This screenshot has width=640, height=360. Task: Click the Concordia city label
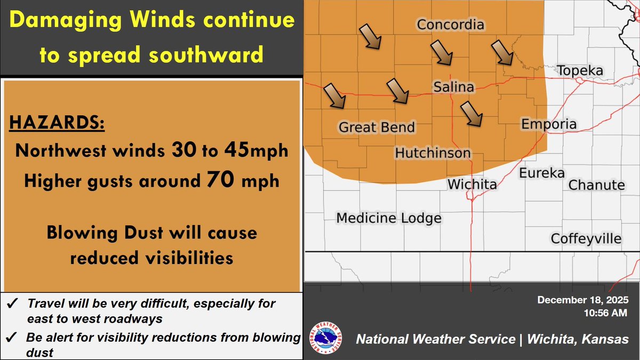click(x=450, y=25)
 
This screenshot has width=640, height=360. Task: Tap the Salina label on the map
click(x=453, y=87)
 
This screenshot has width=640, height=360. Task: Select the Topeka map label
click(x=580, y=71)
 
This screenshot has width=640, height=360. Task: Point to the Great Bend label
click(x=377, y=127)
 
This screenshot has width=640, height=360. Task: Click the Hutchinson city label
click(x=433, y=154)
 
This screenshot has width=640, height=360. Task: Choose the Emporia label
click(x=549, y=124)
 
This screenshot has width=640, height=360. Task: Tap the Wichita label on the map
click(x=472, y=185)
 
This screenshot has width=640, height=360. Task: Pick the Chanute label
click(x=596, y=185)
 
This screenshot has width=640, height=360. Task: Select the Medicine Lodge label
click(x=389, y=218)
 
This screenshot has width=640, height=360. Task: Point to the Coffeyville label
click(x=586, y=238)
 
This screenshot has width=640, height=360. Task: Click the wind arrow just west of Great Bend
click(x=335, y=96)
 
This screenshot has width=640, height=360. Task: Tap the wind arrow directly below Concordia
click(x=442, y=53)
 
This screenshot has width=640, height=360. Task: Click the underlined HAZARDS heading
click(x=57, y=123)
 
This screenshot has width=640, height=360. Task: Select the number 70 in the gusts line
click(x=220, y=180)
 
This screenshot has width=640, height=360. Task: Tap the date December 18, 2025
click(x=583, y=300)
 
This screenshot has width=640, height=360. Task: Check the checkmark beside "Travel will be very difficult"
click(x=11, y=305)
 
